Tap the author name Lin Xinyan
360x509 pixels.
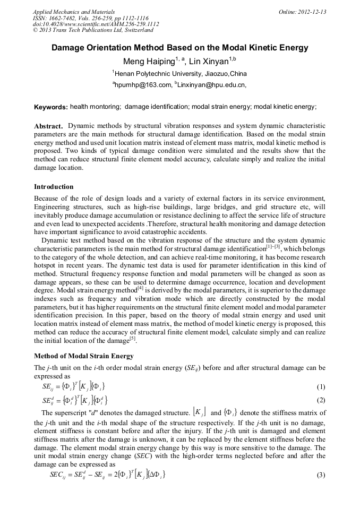(x=209, y=61)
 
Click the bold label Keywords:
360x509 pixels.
(x=50, y=107)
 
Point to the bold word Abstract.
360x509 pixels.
(x=48, y=126)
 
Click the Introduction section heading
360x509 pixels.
(x=54, y=187)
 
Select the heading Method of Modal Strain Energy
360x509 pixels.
(x=83, y=356)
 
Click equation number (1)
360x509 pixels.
(x=320, y=387)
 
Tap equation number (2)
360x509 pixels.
(x=320, y=400)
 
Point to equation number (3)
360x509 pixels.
(x=320, y=475)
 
